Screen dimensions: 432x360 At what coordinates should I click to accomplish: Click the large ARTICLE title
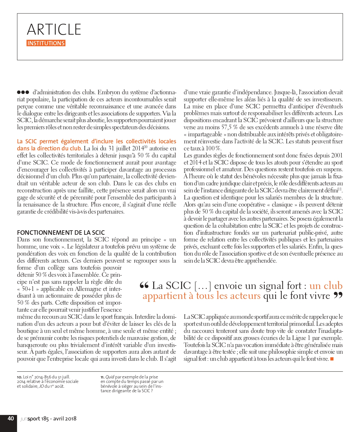[x=54, y=30]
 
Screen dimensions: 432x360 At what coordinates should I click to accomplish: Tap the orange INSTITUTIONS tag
[x=46, y=43]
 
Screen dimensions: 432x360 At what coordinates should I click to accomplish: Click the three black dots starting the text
[x=23, y=92]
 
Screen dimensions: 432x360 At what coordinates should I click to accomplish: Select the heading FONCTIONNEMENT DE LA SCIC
[x=61, y=233]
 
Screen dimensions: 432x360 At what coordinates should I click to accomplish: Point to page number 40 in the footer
[x=11, y=418]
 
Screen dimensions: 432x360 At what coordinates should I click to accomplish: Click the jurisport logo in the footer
[x=30, y=419]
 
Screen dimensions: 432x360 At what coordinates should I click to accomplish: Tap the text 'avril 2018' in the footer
[x=65, y=419]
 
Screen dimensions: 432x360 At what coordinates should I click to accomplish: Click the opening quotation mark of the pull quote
[x=144, y=285]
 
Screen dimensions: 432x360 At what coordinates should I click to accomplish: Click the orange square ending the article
[x=332, y=359]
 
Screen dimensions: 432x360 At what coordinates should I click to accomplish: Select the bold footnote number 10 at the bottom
[x=19, y=377]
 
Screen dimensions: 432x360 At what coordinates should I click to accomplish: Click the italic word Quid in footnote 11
[x=110, y=377]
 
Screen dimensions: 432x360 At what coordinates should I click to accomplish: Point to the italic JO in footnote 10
[x=41, y=386]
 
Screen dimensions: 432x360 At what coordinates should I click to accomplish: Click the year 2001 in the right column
[x=337, y=156]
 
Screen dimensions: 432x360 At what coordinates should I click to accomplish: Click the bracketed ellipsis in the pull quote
[x=203, y=285]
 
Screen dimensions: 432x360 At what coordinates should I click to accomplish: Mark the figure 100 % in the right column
[x=213, y=148]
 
